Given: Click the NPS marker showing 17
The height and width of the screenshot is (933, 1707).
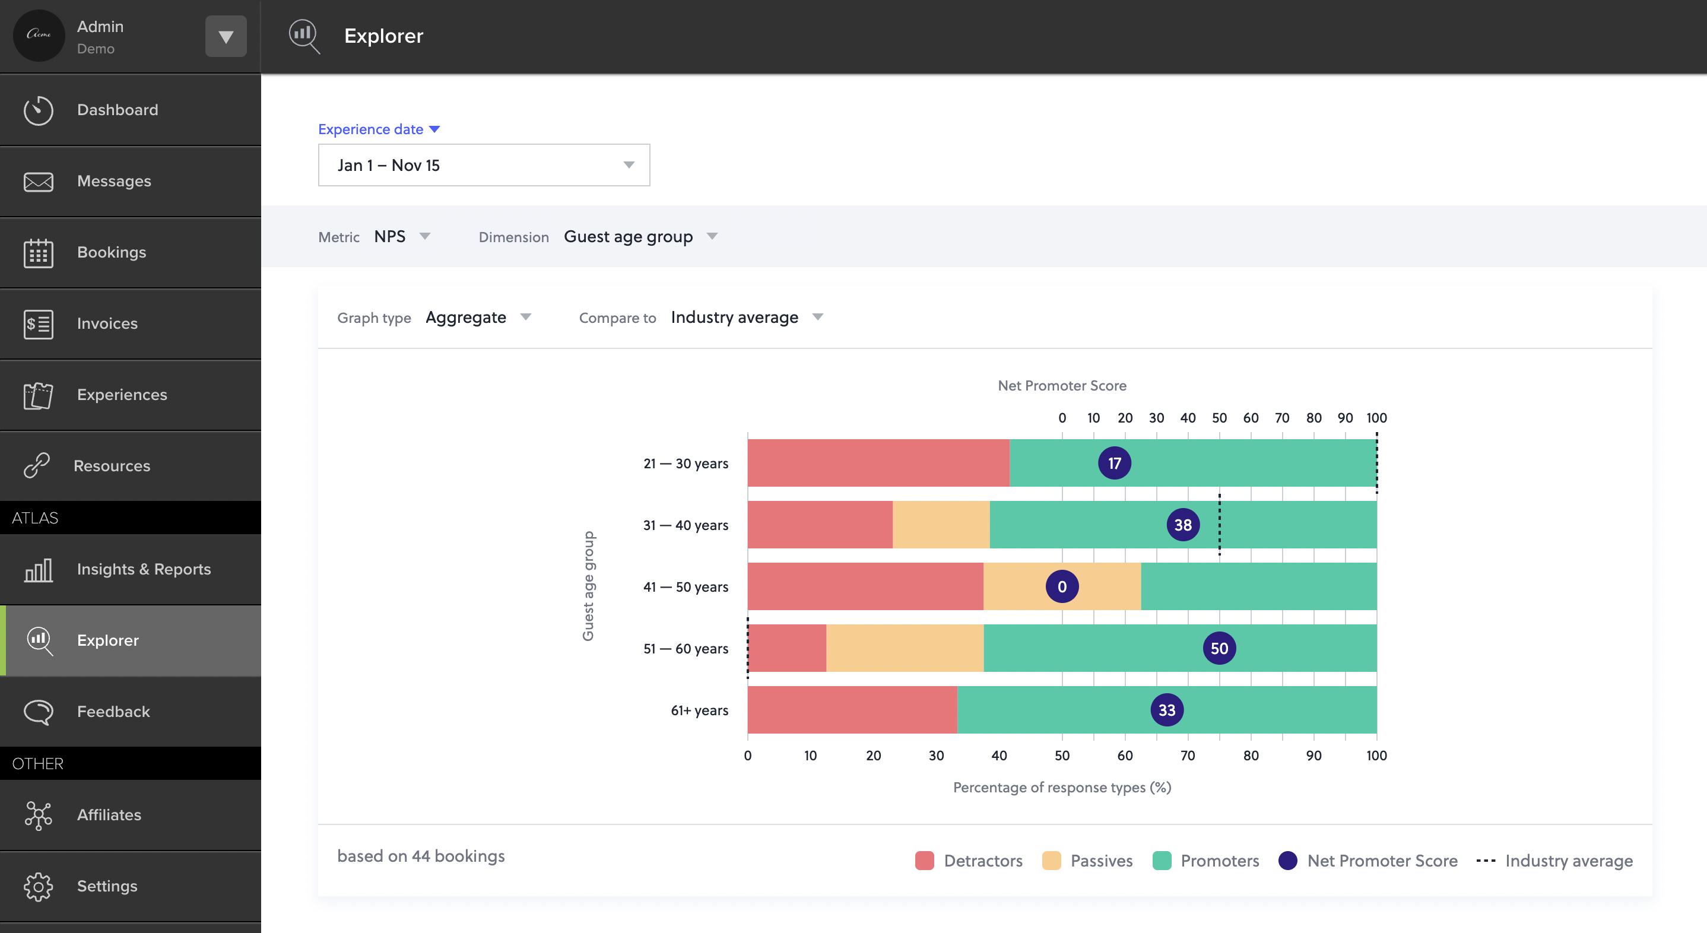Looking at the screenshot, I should pos(1114,463).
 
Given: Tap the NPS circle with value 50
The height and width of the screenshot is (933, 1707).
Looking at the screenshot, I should pos(1219,648).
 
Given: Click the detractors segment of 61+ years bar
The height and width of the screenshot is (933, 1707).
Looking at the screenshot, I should pos(852,710).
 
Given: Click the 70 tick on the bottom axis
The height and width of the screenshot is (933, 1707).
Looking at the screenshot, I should pos(1188,756).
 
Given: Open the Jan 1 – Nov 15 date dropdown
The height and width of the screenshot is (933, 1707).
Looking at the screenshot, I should pos(484,165).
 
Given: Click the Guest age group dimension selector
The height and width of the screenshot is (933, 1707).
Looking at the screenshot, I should pos(639,237).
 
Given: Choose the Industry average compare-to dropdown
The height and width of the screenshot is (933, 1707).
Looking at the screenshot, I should pos(746,318).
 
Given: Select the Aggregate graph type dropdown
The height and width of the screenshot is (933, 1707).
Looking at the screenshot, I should pos(477,318).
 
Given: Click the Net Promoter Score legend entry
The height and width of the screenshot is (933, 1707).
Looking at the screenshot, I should pos(1368,860).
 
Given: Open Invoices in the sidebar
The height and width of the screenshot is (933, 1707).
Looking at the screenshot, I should pos(107,323).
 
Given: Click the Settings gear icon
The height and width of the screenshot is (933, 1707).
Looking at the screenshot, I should pos(39,886).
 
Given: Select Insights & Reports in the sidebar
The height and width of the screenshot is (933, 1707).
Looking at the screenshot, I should pos(143,569).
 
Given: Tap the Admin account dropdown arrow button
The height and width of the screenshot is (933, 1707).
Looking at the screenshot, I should pos(226,36).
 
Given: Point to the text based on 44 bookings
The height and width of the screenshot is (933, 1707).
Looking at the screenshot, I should pos(421,856).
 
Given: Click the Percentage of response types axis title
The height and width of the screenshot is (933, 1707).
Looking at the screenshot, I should pos(1062,787).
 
